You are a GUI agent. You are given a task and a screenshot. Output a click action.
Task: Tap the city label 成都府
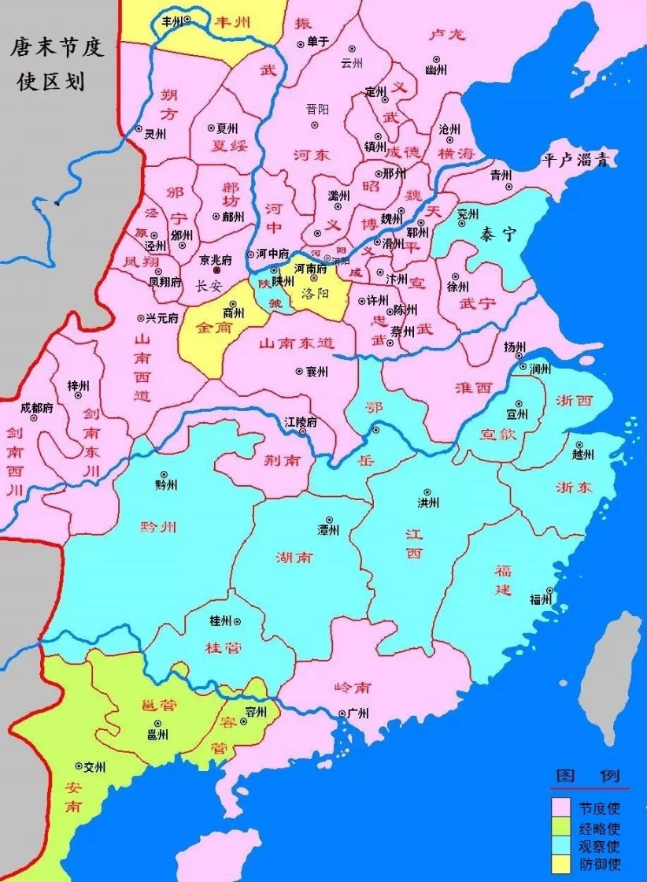click(x=35, y=408)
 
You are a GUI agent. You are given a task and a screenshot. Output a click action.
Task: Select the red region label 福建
click(x=503, y=580)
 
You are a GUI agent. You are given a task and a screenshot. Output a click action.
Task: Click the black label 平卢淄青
click(x=579, y=159)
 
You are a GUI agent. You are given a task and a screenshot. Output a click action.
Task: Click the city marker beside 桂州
click(x=237, y=621)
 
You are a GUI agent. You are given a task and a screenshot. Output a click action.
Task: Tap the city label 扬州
click(x=514, y=346)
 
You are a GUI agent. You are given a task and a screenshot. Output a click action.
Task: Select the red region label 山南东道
click(x=297, y=343)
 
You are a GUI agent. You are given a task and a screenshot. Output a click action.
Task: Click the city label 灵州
click(x=155, y=134)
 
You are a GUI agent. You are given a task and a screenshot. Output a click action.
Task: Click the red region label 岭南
click(x=352, y=687)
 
